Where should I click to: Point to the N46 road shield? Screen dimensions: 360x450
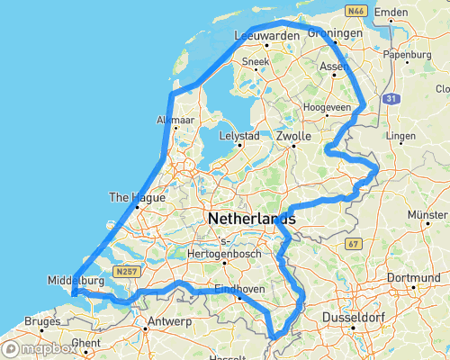coord(356,10)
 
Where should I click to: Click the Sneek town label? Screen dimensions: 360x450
coord(256,63)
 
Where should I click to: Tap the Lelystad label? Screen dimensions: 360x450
coord(240,136)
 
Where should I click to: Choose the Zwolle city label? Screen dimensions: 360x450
coord(293,136)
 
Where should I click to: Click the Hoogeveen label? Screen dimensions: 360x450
coord(327,106)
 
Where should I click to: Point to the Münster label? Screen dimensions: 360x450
coord(427,216)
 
